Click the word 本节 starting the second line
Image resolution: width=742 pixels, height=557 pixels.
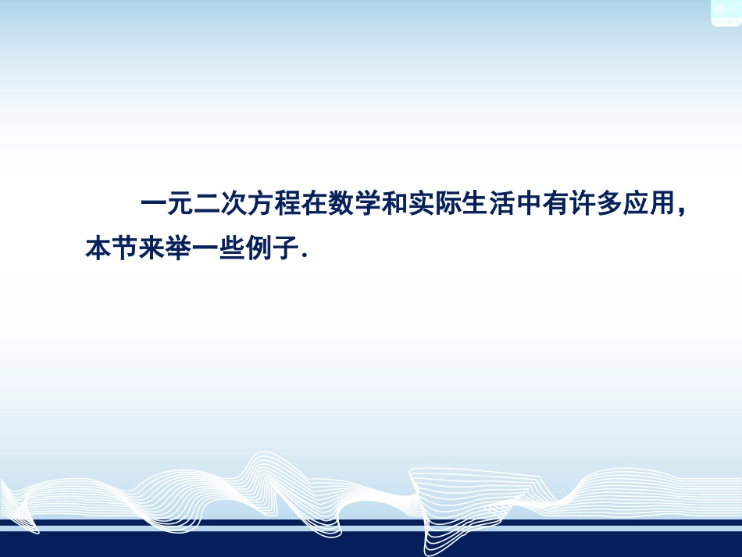click(x=111, y=250)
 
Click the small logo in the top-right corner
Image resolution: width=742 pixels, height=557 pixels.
click(x=726, y=12)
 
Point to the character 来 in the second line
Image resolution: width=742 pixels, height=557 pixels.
click(x=152, y=250)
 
